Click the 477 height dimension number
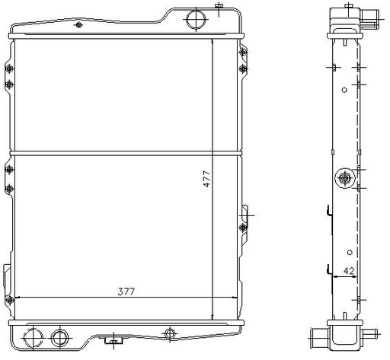pos(207,179)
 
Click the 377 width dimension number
pos(126,292)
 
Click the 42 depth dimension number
pos(349,271)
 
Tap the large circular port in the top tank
pos(196,19)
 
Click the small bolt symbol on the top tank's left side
pos(78,24)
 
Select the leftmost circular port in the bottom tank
pos(34,338)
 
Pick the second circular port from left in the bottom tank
pos(60,338)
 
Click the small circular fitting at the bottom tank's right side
pos(170,333)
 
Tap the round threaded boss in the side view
pos(345,178)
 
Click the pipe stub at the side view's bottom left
pos(319,338)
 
